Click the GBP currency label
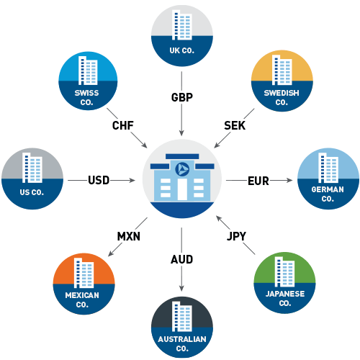pos(181,97)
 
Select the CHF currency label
pos(122,126)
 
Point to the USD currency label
pos(99,180)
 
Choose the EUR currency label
pos(258,180)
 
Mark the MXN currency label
pos(128,235)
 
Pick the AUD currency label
pos(181,258)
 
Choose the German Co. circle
pos(328,178)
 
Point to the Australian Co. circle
pos(181,328)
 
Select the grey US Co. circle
pos(32,178)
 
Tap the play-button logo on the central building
pos(181,168)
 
